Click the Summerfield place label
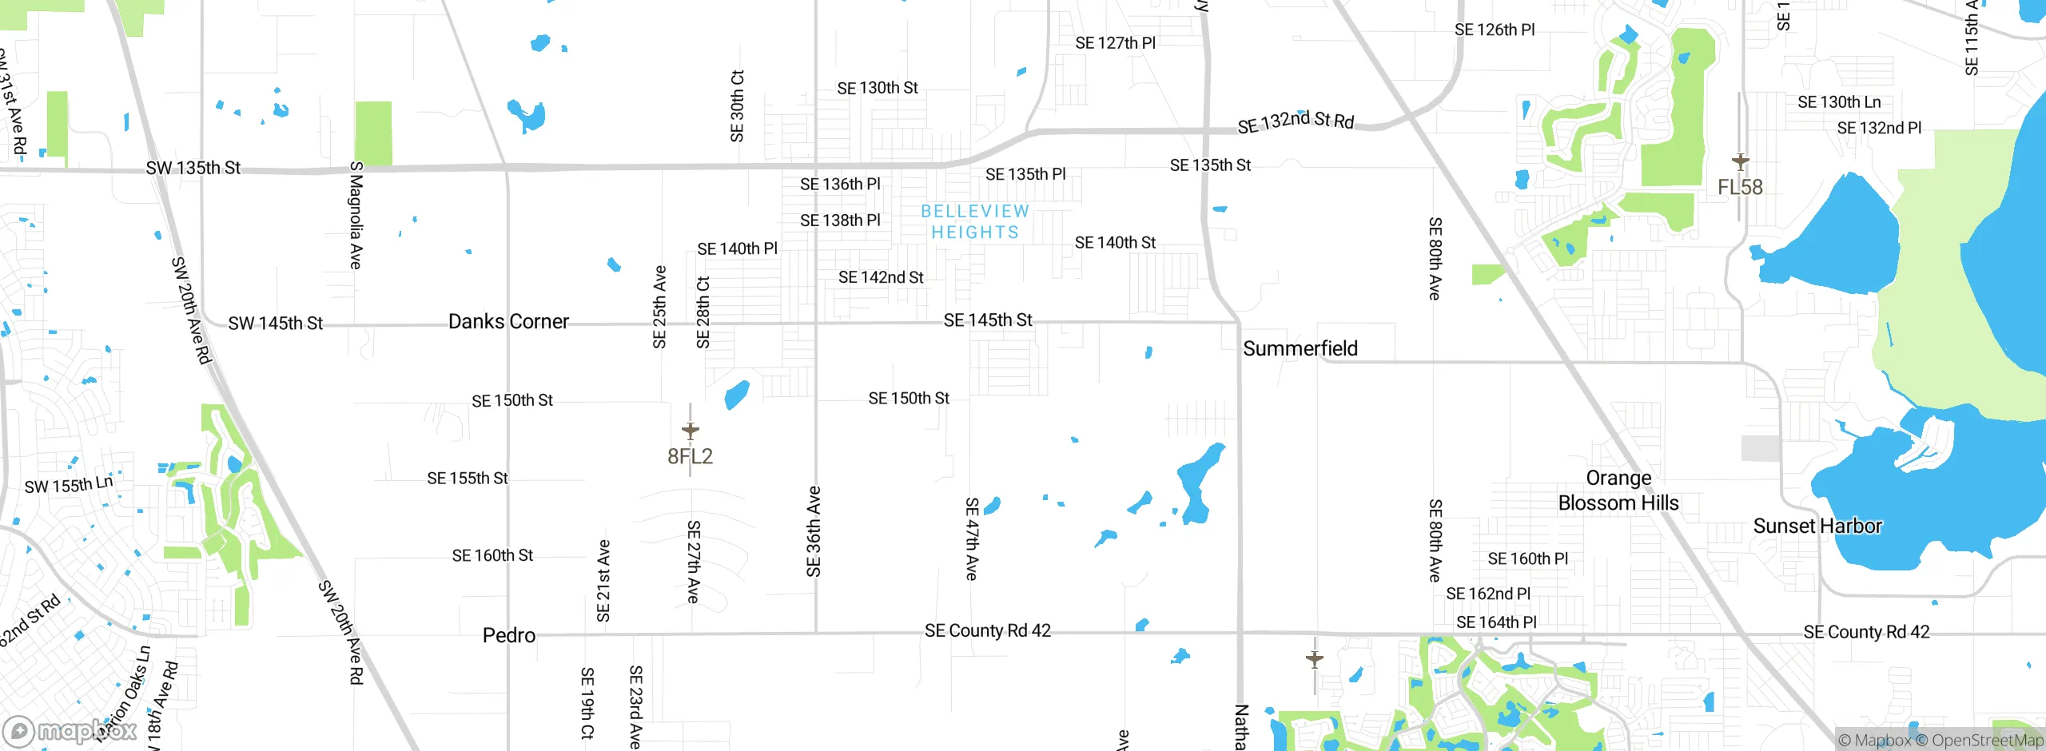click(1300, 348)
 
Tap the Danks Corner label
click(508, 321)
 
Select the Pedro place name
click(509, 635)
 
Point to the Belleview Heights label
click(975, 221)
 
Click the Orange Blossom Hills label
click(1618, 490)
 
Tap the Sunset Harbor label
click(1817, 526)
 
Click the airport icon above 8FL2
click(691, 431)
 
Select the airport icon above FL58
click(1740, 161)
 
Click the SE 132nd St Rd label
click(1296, 121)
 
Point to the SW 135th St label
click(193, 168)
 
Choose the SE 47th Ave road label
click(972, 538)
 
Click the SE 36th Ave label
click(814, 531)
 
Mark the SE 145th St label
click(988, 320)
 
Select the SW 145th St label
click(275, 323)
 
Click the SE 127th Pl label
click(1115, 43)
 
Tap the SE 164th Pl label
click(1496, 622)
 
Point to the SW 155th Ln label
click(69, 485)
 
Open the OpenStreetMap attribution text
click(1987, 741)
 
